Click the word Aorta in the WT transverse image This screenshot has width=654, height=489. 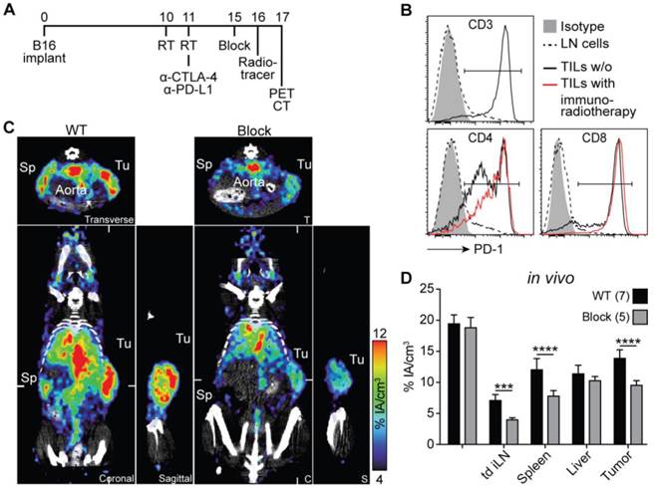(91, 184)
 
